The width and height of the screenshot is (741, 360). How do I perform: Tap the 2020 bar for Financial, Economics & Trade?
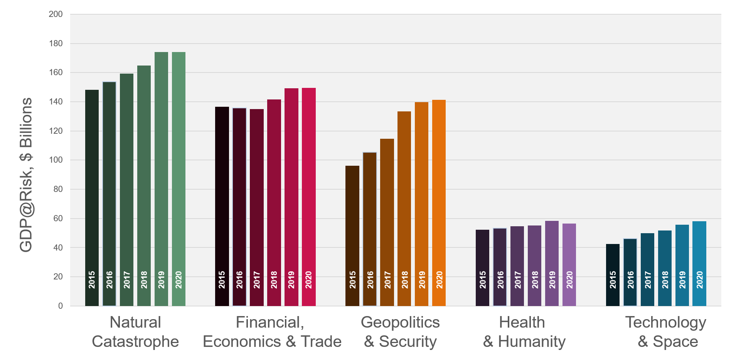[308, 197]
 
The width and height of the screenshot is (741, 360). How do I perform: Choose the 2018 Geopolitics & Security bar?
[404, 209]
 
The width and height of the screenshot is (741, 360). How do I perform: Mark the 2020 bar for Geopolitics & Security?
[439, 203]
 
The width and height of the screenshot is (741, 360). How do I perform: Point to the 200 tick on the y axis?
[56, 14]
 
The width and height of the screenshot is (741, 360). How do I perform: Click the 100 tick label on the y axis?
[56, 160]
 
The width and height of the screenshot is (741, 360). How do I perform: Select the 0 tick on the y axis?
[61, 306]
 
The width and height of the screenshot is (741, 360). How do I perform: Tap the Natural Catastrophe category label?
[135, 332]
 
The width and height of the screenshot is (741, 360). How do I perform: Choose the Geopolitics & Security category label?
[400, 332]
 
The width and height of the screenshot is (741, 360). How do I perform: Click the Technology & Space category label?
[666, 332]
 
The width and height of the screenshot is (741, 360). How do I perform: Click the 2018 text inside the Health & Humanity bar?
[535, 279]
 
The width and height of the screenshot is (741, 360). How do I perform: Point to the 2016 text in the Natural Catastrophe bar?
[109, 279]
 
